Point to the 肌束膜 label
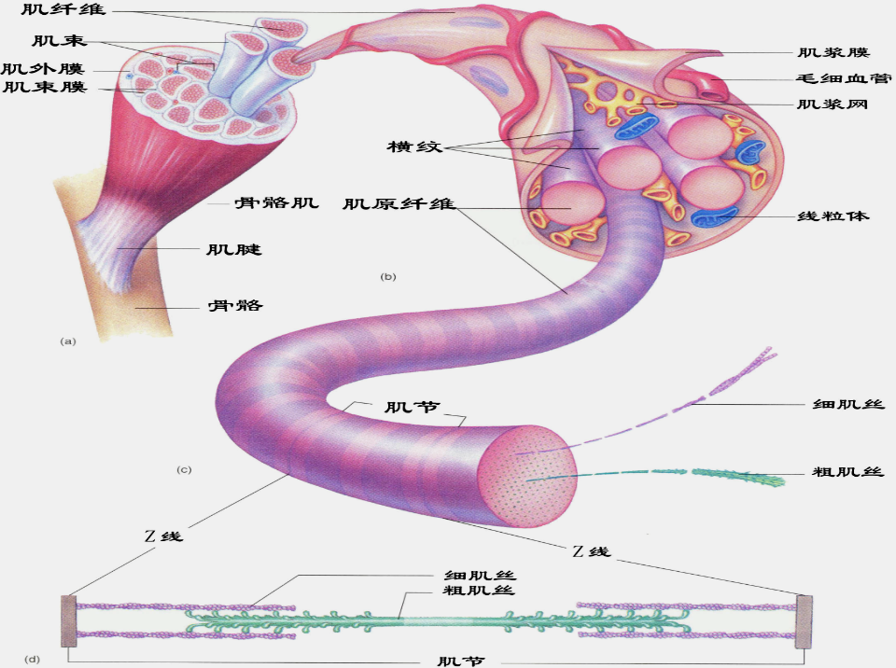(x=45, y=88)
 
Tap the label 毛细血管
(x=838, y=80)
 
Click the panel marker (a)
(x=67, y=341)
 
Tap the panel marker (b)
(x=388, y=276)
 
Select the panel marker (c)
(x=184, y=469)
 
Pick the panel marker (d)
(x=33, y=660)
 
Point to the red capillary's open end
(x=716, y=90)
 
